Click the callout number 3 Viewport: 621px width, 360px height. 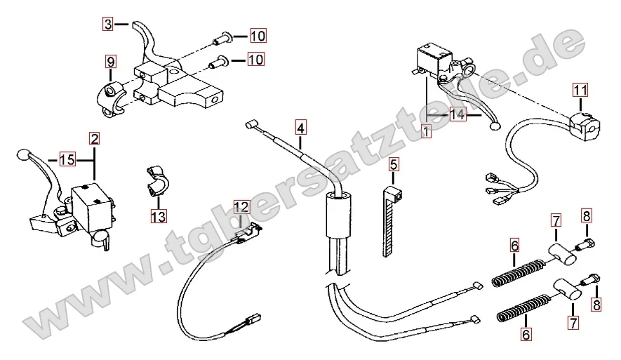pos(107,24)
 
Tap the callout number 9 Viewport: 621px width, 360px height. pos(110,62)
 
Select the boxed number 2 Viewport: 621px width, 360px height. pos(94,139)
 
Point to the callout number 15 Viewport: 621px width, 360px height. pos(67,160)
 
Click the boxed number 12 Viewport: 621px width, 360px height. pos(241,206)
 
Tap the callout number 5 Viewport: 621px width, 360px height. pos(393,166)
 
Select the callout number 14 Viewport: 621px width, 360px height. pos(458,114)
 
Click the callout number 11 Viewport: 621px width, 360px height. pos(579,90)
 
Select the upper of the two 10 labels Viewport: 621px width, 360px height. pos(258,36)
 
